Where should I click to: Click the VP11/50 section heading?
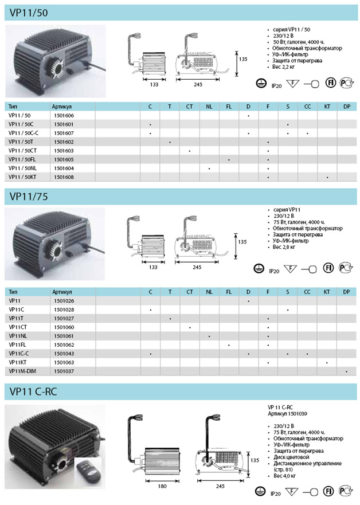point(29,13)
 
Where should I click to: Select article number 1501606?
point(64,116)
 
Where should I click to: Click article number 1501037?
point(64,371)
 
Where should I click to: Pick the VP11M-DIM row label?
point(22,371)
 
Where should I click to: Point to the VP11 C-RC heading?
point(33,392)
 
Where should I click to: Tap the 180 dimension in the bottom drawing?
point(162,486)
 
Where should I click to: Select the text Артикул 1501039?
point(287,413)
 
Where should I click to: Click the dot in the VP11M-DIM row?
point(346,371)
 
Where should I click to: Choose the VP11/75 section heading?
point(29,197)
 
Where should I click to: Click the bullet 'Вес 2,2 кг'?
point(283,66)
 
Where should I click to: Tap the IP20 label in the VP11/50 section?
point(276,85)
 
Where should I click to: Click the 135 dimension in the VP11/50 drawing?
point(243,59)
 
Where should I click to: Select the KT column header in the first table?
point(327,107)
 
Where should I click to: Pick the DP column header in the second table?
point(346,292)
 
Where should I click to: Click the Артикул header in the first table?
point(61,107)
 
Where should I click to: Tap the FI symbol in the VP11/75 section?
point(328,268)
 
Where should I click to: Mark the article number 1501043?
point(64,354)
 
